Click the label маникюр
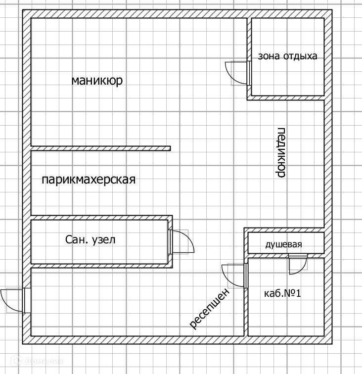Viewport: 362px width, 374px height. coord(97,81)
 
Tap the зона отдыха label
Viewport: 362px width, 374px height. coord(287,56)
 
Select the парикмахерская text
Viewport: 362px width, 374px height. coord(88,180)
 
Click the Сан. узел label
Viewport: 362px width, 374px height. coord(90,240)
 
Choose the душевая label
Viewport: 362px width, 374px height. coord(283,244)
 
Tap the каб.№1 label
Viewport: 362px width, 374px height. coord(283,293)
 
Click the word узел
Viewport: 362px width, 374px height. coord(104,240)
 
